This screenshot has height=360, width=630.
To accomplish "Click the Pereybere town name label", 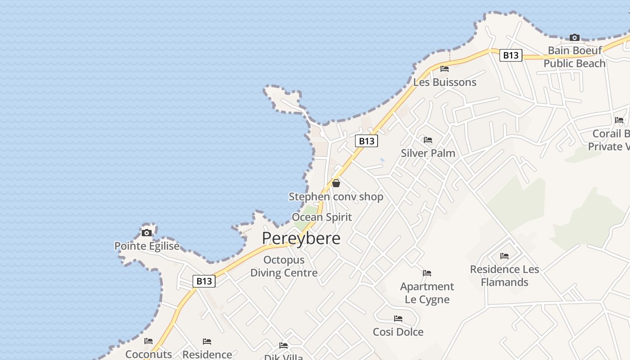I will (301, 238).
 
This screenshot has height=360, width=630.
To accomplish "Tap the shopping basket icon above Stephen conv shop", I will (336, 183).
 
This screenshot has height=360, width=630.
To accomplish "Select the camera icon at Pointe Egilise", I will (146, 233).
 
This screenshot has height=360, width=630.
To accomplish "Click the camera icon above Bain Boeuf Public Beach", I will (574, 37).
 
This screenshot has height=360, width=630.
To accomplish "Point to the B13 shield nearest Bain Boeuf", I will (511, 55).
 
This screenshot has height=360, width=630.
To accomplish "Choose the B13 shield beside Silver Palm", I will (366, 141).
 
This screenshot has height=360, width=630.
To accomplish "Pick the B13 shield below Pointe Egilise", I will (204, 281).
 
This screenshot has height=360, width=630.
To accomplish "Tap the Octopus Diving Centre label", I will (284, 266).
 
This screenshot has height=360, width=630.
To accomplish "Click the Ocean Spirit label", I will (322, 217).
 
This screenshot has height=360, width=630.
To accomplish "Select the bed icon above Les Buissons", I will (445, 69).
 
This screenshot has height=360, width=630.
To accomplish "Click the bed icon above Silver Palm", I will (427, 140).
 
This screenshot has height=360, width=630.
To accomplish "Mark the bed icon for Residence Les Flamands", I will (504, 256).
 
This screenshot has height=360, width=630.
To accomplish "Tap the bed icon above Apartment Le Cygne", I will (427, 273).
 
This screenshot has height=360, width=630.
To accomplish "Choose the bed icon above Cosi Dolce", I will (398, 319).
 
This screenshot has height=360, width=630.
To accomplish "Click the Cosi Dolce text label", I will (398, 332).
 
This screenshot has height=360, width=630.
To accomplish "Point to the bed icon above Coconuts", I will (148, 341).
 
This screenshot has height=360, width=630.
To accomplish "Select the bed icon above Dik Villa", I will (283, 346).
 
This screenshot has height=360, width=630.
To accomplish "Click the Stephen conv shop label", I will (336, 197).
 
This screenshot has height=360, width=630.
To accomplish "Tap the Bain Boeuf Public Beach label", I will (575, 57).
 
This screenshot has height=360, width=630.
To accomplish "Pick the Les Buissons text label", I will (445, 82).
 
